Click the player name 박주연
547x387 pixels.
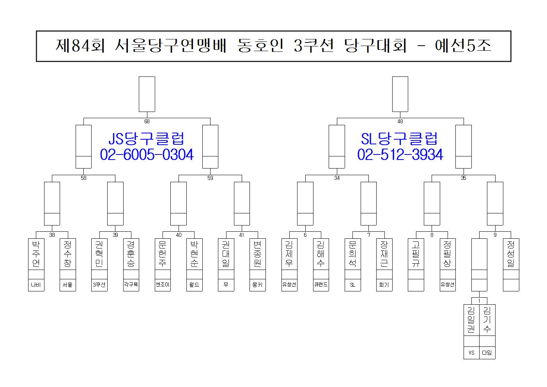point(36,254)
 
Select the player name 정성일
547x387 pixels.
point(511,254)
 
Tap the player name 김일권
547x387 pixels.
point(471,320)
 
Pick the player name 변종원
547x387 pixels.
point(257,254)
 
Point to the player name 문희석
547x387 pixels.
point(352,254)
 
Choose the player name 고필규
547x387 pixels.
point(416,254)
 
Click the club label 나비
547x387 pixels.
point(36,285)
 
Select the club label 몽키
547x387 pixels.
point(257,285)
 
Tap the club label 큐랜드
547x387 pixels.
point(321,285)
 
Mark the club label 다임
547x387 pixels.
point(487,353)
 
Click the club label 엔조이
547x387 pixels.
point(163,285)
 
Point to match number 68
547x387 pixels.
point(147,121)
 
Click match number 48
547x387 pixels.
point(400,121)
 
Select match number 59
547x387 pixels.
point(210,178)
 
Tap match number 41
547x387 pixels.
point(242,235)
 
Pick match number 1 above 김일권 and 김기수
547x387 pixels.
point(479,301)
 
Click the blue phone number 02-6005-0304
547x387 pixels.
point(147,155)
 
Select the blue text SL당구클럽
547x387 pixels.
point(400,138)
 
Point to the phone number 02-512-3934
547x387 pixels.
point(400,155)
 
